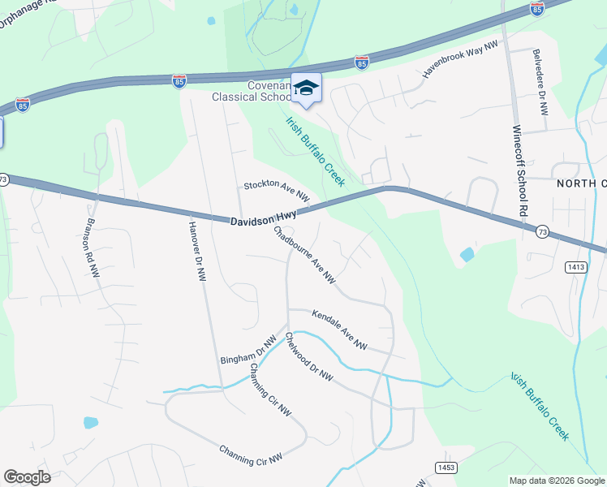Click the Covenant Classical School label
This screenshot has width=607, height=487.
click(x=251, y=90)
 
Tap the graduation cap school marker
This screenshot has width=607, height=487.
click(x=306, y=88)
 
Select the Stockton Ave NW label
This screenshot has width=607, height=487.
click(x=278, y=192)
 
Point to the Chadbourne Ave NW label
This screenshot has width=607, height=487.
click(x=304, y=254)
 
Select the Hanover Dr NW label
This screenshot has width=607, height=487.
click(x=196, y=251)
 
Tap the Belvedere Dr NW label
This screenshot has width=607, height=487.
click(x=540, y=81)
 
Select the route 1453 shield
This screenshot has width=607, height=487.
click(x=446, y=467)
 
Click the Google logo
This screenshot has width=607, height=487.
click(x=27, y=477)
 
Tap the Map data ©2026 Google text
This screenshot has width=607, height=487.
click(x=556, y=481)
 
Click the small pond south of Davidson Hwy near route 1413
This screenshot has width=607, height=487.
click(x=467, y=255)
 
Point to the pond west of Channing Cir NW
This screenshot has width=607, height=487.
click(x=90, y=422)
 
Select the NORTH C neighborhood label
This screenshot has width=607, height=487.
click(x=582, y=184)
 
